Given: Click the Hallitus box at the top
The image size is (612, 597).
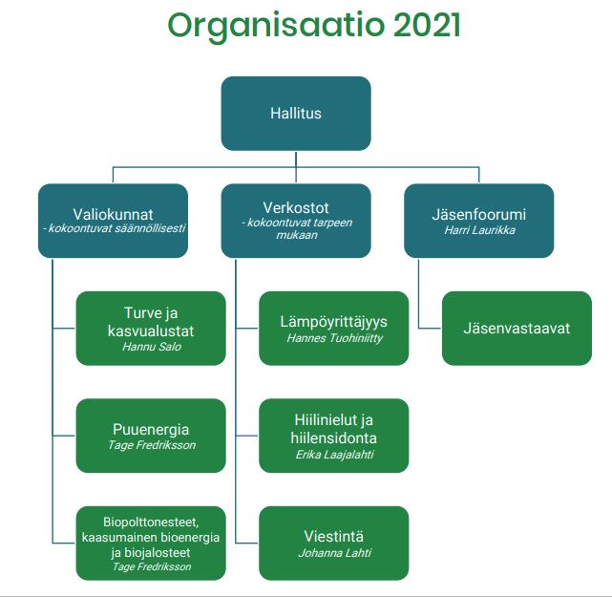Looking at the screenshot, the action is [296, 114].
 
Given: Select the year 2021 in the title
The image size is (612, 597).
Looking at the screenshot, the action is [427, 25].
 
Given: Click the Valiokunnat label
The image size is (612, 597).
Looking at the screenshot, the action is [113, 214].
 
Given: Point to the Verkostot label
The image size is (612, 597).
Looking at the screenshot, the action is [296, 207].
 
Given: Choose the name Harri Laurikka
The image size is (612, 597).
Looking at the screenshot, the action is [479, 230].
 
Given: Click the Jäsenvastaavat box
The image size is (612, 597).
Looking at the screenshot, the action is [517, 328].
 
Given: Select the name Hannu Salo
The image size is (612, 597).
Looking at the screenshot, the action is [152, 347].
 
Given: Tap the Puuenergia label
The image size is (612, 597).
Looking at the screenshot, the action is [151, 430].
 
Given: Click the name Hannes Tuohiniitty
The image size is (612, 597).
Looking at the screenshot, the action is [334, 338].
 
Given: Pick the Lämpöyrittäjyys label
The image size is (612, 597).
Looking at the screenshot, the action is [334, 322].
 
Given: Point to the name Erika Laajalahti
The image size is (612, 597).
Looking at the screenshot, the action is [334, 455].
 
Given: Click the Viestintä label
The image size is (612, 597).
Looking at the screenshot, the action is [334, 537].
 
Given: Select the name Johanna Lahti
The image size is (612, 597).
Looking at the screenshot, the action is [334, 553].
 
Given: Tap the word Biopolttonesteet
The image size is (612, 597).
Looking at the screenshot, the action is [151, 522].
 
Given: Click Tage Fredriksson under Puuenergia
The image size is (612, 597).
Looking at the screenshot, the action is [152, 445].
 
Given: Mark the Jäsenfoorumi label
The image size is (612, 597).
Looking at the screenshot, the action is [479, 214].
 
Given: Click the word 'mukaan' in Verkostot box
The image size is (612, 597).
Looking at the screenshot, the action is [297, 235].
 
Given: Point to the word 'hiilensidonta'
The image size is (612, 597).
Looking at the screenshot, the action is [334, 438].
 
